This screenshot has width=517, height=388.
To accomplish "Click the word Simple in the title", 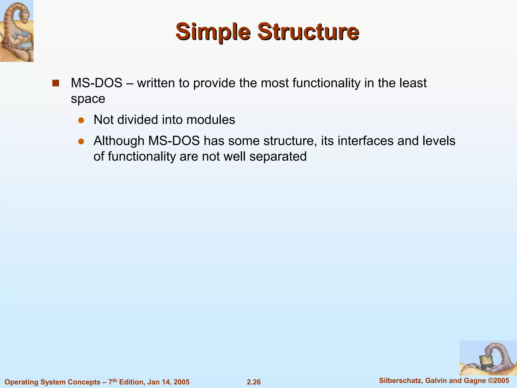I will click(x=213, y=32).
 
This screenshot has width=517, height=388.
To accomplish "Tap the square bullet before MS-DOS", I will click(x=56, y=83).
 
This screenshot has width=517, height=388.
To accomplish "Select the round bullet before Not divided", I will click(x=81, y=120).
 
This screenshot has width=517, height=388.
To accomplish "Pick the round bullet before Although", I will click(x=81, y=141).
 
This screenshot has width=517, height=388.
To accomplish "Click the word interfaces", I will click(x=365, y=141).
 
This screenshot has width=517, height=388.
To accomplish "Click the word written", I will click(x=156, y=83).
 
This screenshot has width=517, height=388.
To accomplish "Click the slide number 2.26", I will click(x=253, y=382).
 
